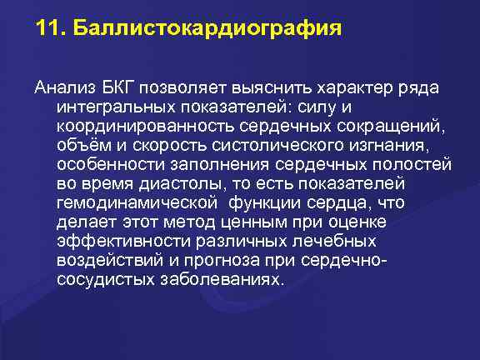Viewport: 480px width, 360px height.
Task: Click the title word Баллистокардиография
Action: (x=208, y=30)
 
